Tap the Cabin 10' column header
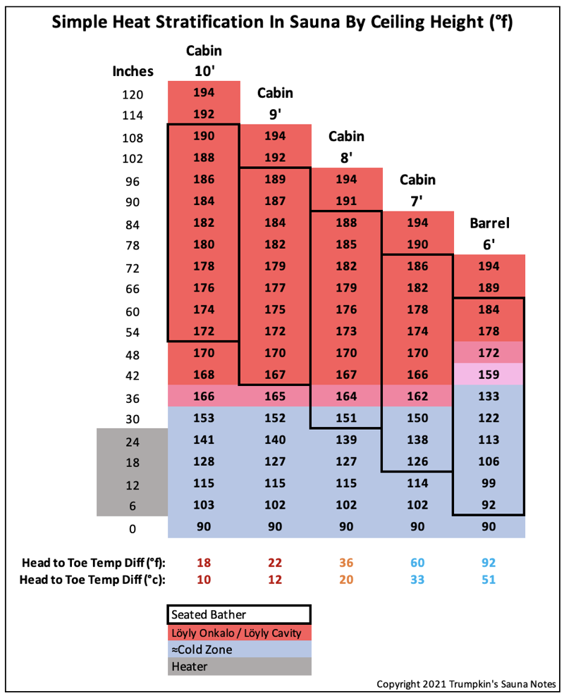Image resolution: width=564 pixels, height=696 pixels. click(x=204, y=61)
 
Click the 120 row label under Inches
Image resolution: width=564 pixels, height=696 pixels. click(x=133, y=94)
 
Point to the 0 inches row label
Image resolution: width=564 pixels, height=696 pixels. click(x=133, y=528)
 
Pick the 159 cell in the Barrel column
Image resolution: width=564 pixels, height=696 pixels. click(x=489, y=373)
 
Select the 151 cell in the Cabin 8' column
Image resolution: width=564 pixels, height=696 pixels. click(x=346, y=417)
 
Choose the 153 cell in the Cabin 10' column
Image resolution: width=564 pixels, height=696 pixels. click(x=204, y=417)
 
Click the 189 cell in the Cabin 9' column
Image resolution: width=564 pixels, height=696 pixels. click(x=275, y=179)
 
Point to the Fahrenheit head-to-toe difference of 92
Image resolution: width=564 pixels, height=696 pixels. click(x=489, y=563)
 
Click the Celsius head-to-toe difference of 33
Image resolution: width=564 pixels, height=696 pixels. click(x=417, y=580)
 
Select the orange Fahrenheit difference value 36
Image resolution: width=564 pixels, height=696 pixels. click(x=346, y=563)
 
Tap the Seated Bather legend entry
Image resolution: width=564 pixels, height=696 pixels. click(x=239, y=614)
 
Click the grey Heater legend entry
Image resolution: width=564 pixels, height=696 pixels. click(x=239, y=666)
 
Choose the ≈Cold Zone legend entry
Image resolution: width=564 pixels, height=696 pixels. click(x=239, y=649)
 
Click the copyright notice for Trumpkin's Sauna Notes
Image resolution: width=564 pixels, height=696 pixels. click(x=467, y=684)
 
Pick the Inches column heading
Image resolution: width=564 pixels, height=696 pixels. click(x=133, y=71)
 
